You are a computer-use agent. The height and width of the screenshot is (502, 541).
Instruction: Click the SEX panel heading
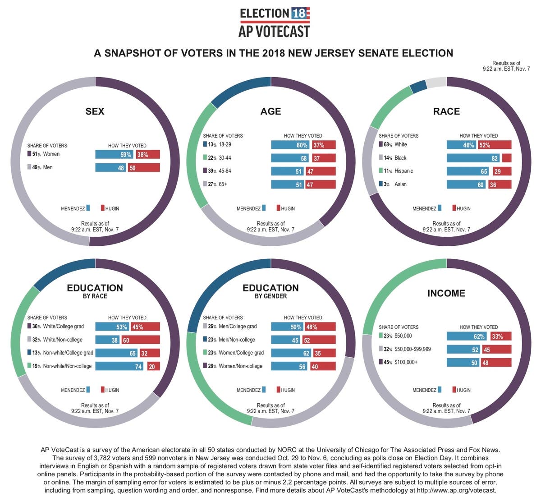pyautogui.click(x=95, y=111)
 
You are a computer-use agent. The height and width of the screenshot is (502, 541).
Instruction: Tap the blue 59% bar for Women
pyautogui.click(x=115, y=154)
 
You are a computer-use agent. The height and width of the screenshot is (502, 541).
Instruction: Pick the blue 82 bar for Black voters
pyautogui.click(x=473, y=158)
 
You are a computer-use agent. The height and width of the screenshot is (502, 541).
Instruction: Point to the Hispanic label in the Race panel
pyautogui.click(x=403, y=171)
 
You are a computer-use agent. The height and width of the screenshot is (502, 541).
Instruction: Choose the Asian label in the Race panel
pyautogui.click(x=400, y=184)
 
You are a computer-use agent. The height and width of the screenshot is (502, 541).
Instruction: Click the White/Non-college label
pyautogui.click(x=63, y=340)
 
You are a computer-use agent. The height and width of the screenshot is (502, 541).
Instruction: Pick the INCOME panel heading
pyautogui.click(x=446, y=293)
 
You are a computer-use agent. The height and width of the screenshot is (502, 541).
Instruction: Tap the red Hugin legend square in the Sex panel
pyautogui.click(x=103, y=208)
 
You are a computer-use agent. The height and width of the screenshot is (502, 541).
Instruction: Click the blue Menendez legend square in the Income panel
pyautogui.click(x=440, y=389)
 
